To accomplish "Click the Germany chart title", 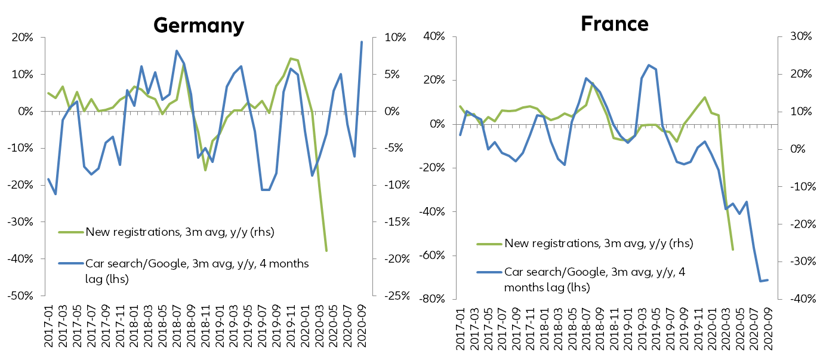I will point(199,25).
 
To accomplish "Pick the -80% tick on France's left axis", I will point(435,299).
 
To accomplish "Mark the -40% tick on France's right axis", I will point(797,299).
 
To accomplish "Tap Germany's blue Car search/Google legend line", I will point(70,263).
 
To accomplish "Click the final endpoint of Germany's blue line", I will point(362,42).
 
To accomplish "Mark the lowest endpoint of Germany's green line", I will point(326,251).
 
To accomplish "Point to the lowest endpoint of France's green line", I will point(733,250).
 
